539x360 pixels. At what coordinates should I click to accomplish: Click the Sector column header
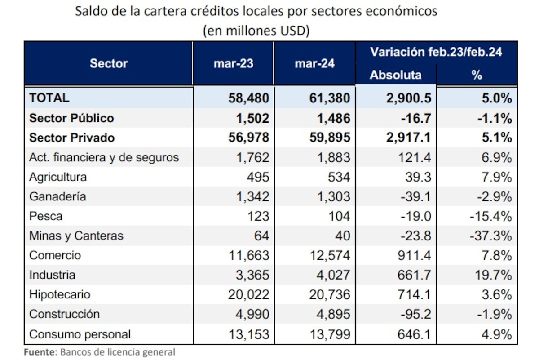[109, 63]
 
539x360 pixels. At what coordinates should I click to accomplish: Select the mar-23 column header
[233, 63]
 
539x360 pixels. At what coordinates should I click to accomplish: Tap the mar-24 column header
[314, 63]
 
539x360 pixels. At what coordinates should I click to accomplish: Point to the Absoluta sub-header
[395, 75]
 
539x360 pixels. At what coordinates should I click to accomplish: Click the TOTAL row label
[49, 98]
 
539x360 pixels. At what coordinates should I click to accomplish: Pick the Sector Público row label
[71, 118]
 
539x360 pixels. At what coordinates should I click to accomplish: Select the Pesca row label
[46, 216]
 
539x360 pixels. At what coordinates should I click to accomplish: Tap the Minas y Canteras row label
[76, 236]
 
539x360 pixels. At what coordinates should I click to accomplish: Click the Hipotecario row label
[60, 295]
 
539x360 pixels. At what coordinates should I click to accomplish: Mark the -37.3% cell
[490, 236]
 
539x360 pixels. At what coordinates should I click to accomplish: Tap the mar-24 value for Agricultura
[340, 177]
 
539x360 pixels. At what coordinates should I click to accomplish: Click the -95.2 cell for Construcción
[416, 314]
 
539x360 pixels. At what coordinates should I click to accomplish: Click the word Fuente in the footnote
[39, 352]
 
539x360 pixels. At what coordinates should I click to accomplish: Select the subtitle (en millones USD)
[256, 31]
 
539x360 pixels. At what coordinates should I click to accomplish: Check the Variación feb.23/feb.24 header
[436, 52]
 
